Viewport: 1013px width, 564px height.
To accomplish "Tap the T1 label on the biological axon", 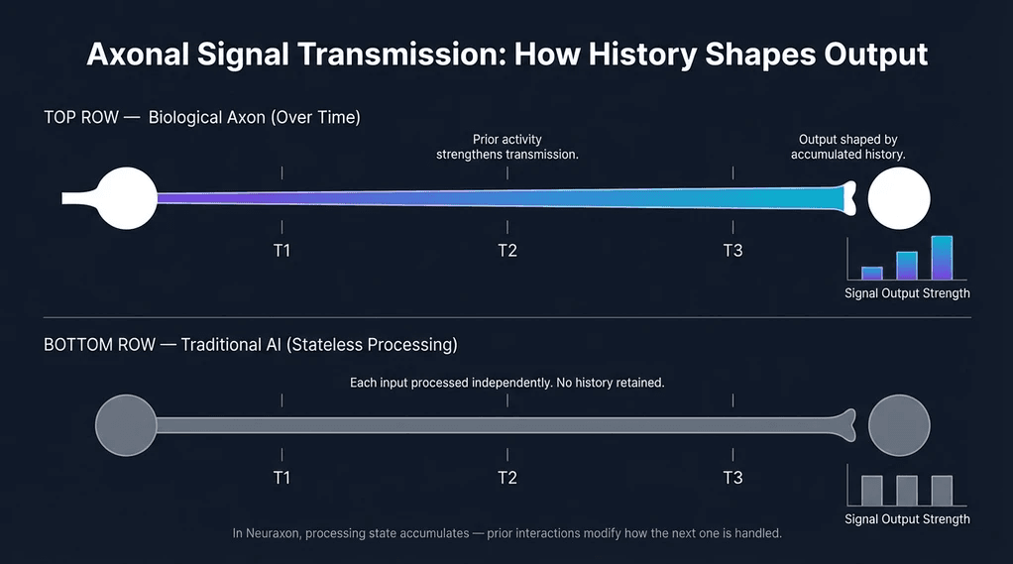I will [281, 250].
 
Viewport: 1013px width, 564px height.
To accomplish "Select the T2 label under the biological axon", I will [507, 250].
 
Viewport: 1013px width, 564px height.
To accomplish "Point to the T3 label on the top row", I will [732, 250].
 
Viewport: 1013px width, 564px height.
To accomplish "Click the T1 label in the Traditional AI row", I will [281, 478].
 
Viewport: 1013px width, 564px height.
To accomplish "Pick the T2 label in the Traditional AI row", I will [507, 478].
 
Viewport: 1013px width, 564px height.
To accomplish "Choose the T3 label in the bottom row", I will [732, 478].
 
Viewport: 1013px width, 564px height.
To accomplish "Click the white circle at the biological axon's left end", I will [127, 198].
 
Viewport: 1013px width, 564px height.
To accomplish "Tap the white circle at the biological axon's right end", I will [898, 198].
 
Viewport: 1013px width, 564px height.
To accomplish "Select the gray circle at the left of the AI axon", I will [127, 425].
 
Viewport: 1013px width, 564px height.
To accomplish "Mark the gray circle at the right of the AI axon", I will [898, 425].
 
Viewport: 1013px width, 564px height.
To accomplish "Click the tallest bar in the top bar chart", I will [942, 258].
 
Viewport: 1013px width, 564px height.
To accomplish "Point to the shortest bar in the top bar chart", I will [872, 274].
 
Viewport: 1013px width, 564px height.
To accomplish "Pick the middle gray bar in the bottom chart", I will [907, 491].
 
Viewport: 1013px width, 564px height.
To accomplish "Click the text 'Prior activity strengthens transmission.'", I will [507, 148].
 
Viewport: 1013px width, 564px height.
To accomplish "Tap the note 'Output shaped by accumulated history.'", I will [847, 148].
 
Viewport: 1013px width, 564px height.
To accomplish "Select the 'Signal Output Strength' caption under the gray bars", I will [907, 519].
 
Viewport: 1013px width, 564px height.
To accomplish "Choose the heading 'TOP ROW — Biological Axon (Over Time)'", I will [202, 117].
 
